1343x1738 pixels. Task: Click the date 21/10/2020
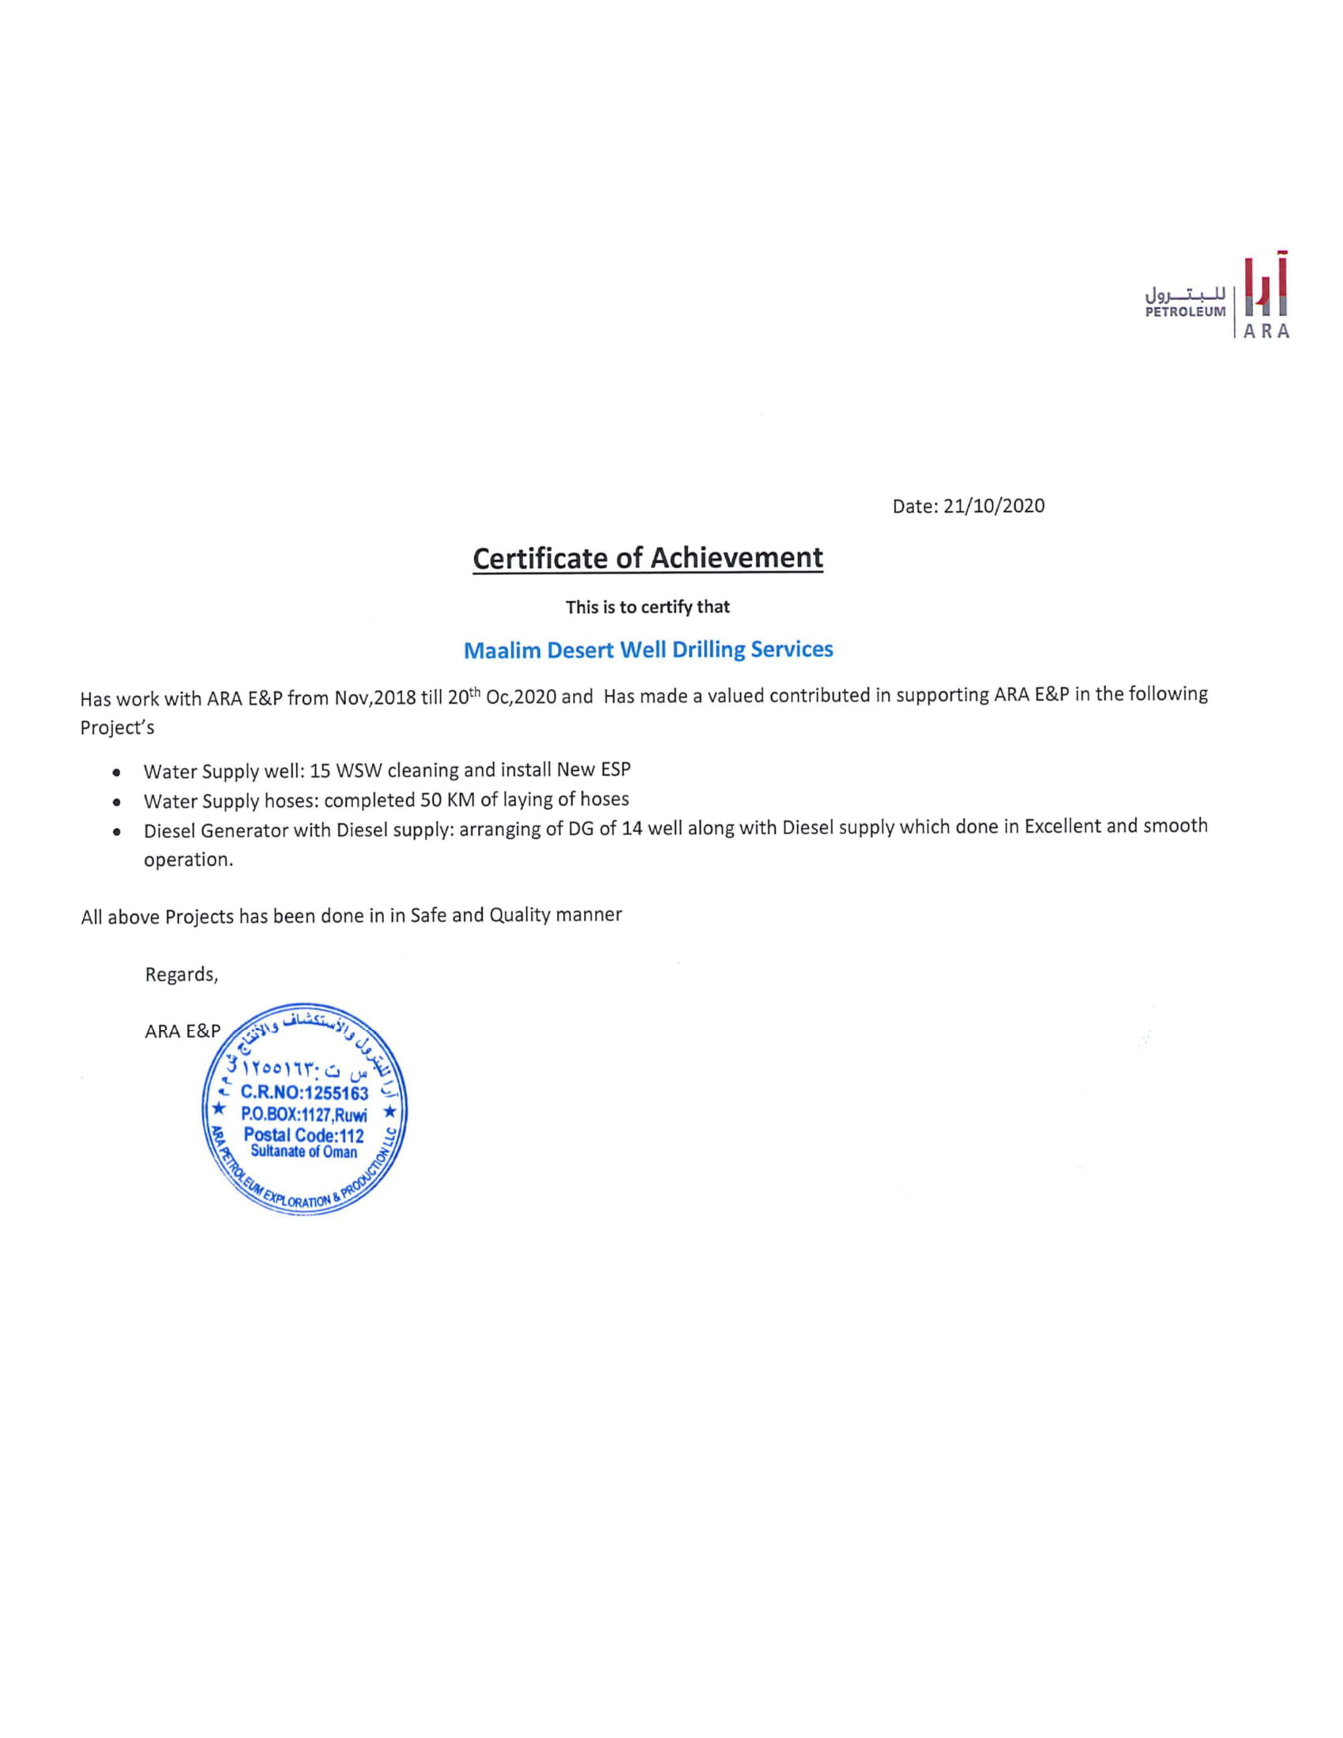coord(994,506)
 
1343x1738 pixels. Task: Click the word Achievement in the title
coord(737,558)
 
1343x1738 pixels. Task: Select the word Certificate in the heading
coord(541,559)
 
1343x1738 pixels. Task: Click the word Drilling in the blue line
coord(708,650)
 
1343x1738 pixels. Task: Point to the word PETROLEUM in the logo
coord(1185,312)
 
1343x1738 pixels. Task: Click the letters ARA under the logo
coord(1266,333)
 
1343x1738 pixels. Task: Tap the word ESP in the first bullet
coord(617,769)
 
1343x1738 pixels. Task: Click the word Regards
coord(181,975)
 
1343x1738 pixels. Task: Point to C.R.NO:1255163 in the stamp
coord(304,1093)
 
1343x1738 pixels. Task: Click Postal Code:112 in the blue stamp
coord(303,1135)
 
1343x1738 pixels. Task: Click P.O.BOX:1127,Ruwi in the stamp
coord(303,1115)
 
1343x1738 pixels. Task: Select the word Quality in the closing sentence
coord(520,915)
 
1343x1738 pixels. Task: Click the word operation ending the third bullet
coord(188,860)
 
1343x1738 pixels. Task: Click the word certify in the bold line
coord(667,608)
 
